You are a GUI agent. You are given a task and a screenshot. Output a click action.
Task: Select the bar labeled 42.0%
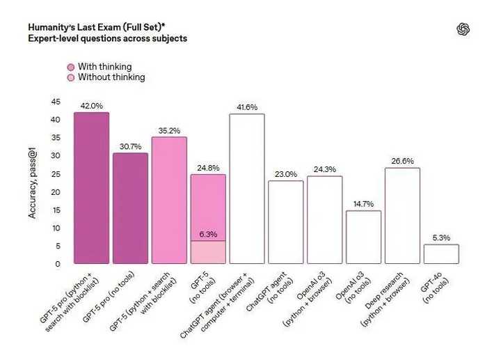(91, 188)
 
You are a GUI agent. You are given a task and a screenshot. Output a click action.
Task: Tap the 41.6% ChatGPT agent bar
(247, 188)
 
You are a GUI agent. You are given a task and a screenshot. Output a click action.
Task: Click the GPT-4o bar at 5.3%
(441, 254)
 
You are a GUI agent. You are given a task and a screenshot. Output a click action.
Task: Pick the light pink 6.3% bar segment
(208, 252)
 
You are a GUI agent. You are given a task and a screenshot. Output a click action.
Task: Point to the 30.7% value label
(130, 146)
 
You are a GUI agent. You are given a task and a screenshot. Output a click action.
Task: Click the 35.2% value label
(169, 130)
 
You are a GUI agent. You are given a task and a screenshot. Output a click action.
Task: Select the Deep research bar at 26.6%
(402, 216)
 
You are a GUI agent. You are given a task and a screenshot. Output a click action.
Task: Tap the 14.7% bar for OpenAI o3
(363, 237)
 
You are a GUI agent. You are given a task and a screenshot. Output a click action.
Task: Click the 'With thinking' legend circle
(70, 67)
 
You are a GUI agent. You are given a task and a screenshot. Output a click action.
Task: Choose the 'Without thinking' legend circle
(70, 78)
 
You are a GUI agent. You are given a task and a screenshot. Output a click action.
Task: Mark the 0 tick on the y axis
(58, 265)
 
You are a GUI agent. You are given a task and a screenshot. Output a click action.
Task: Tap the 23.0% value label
(286, 174)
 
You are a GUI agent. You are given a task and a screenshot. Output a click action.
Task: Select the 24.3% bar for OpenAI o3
(324, 220)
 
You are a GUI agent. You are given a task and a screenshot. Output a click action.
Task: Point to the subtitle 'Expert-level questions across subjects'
(107, 38)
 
